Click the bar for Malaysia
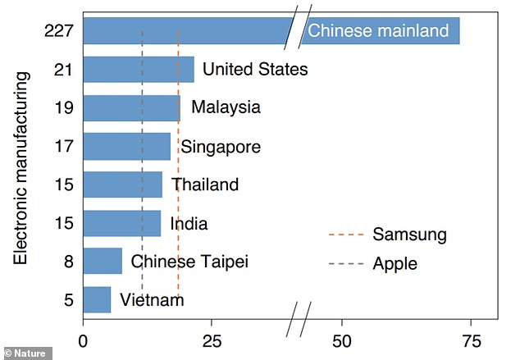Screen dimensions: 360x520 tap(131, 108)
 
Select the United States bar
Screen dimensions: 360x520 tap(138, 70)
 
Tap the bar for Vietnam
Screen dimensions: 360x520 tap(97, 299)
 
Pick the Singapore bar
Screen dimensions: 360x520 tap(126, 147)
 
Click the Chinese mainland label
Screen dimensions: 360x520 tap(378, 31)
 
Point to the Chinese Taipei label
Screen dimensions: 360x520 tap(189, 262)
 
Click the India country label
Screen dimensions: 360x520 tap(189, 223)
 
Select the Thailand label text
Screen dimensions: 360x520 tap(204, 185)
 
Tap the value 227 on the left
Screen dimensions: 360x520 tap(60, 31)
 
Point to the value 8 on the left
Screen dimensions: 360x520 tap(69, 262)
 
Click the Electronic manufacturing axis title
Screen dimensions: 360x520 tap(22, 167)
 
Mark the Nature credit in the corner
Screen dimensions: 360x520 tap(26, 353)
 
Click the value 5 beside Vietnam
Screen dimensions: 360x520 tap(69, 299)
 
